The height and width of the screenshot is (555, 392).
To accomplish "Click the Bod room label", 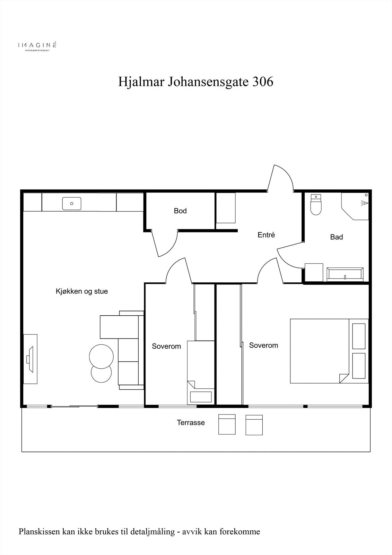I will coord(180,211).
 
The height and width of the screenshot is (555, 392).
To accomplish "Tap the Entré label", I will coord(266,235).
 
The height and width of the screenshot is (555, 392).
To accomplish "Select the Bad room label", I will coord(336,237).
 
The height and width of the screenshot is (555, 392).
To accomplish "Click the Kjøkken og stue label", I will coord(82,291).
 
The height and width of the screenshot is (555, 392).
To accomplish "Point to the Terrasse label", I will coord(191,422).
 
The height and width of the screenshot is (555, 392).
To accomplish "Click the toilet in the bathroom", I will coord(316,205).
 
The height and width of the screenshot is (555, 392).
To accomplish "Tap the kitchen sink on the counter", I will coord(72,204).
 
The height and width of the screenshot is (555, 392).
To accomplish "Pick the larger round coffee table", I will coord(101,356).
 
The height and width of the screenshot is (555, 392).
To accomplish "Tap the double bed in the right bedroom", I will coord(319,351).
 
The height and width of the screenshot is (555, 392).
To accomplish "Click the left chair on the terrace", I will coord(227,425).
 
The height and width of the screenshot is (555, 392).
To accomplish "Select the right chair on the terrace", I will coord(254,425).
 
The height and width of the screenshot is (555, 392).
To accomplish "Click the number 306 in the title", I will coord(263,82).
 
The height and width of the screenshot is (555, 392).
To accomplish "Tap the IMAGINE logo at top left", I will coord(37,45).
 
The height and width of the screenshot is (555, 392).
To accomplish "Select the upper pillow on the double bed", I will coord(359,336).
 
